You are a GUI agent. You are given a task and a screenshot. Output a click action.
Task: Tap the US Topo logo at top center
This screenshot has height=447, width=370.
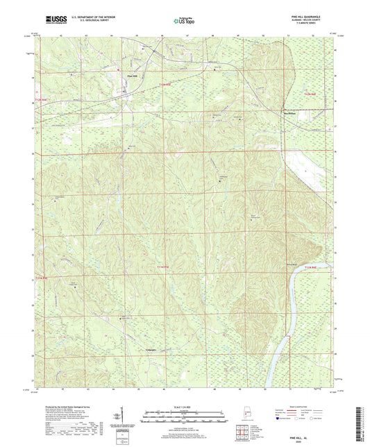183,22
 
